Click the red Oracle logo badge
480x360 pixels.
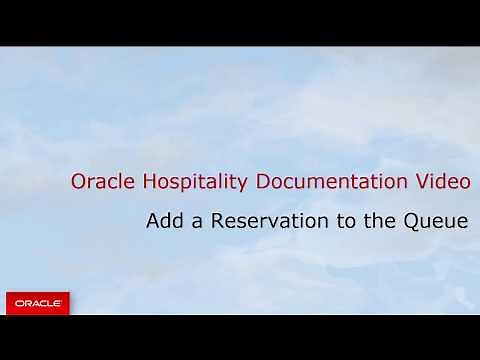coord(38,302)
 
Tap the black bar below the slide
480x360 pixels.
coord(240,337)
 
